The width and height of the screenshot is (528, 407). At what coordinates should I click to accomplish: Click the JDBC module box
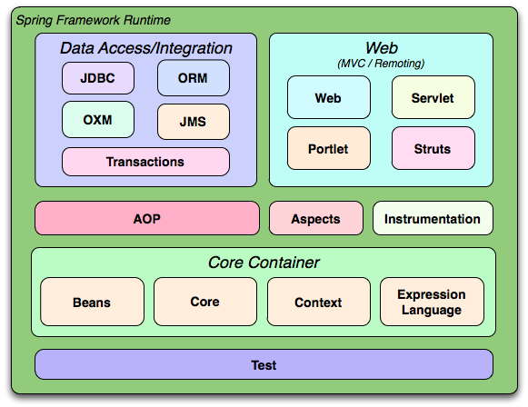(98, 78)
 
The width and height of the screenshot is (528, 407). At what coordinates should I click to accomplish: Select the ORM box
(194, 78)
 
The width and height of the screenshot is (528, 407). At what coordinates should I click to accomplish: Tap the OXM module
(98, 120)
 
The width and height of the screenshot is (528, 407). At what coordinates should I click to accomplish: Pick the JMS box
(194, 122)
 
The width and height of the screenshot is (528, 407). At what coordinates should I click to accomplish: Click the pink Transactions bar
(145, 162)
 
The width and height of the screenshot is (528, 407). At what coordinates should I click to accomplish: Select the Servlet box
(433, 98)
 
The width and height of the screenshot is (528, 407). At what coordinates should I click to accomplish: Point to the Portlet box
(328, 148)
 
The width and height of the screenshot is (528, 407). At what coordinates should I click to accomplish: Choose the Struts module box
(433, 148)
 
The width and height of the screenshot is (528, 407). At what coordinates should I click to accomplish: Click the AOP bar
(146, 218)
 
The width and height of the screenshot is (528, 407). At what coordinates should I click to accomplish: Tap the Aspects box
(315, 219)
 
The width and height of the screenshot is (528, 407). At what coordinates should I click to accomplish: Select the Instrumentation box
(433, 219)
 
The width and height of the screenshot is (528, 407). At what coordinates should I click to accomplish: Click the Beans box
(93, 303)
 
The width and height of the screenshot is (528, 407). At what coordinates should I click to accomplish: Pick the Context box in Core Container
(318, 303)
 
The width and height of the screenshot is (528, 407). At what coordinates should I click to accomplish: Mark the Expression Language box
(432, 303)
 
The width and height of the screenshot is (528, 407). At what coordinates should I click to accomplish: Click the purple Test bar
(264, 365)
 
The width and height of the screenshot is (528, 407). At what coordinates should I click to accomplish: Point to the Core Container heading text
(264, 263)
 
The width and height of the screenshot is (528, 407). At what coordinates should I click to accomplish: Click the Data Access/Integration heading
(146, 48)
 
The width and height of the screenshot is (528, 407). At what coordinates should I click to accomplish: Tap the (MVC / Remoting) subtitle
(381, 63)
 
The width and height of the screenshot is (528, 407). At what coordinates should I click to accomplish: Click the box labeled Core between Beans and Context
(204, 303)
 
